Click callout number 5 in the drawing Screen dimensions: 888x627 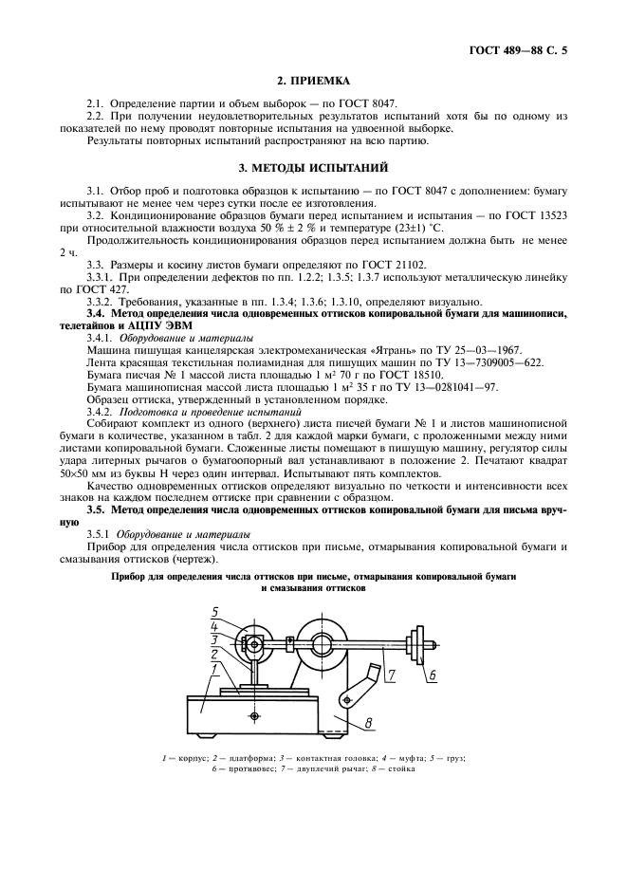pyautogui.click(x=216, y=611)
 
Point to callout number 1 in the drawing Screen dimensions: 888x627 pyautogui.click(x=216, y=669)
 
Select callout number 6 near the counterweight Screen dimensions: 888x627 pyautogui.click(x=430, y=675)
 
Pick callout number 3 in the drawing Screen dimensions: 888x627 pyautogui.click(x=216, y=640)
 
